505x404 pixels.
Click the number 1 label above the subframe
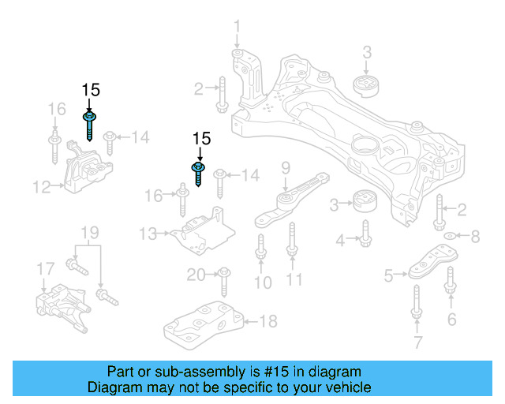[x=237, y=31]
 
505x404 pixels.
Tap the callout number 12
[x=42, y=187]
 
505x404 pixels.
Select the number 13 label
[x=148, y=234]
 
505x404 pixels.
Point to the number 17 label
[x=45, y=271]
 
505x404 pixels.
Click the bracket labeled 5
[x=432, y=263]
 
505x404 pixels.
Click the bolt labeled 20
[x=223, y=277]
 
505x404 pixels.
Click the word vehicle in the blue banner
[x=343, y=388]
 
